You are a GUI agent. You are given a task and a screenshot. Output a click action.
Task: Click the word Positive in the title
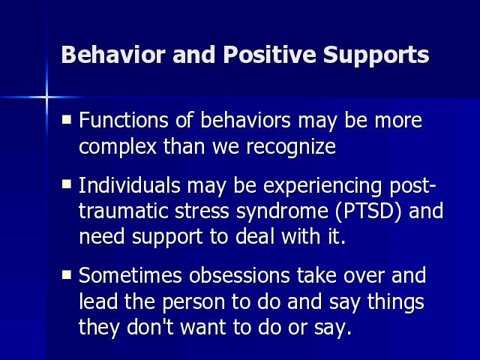[269, 55]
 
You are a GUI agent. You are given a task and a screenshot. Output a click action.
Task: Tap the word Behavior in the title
[113, 55]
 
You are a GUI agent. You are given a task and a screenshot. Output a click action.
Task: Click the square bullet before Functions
[67, 119]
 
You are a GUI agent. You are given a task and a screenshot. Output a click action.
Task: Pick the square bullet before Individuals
[67, 184]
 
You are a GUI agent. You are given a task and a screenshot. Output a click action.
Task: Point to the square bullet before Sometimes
[67, 274]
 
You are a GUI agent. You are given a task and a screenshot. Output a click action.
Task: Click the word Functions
[124, 120]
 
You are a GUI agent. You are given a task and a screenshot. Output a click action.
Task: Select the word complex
[118, 147]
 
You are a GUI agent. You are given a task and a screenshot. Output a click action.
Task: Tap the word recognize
[291, 147]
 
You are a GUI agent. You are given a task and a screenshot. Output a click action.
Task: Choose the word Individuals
[130, 185]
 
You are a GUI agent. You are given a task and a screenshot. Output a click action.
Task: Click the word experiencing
[322, 187]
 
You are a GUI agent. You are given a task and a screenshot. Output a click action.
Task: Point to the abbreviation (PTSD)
[368, 211]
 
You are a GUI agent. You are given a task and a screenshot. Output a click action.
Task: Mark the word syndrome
[282, 212]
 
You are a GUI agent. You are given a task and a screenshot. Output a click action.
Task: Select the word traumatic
[123, 211]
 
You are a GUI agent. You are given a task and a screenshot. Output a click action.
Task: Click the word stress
[202, 211]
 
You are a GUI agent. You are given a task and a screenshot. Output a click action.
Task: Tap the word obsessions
[239, 275]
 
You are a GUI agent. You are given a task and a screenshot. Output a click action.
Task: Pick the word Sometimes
[130, 275]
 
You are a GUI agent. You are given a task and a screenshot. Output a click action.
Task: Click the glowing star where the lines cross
[46, 97]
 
